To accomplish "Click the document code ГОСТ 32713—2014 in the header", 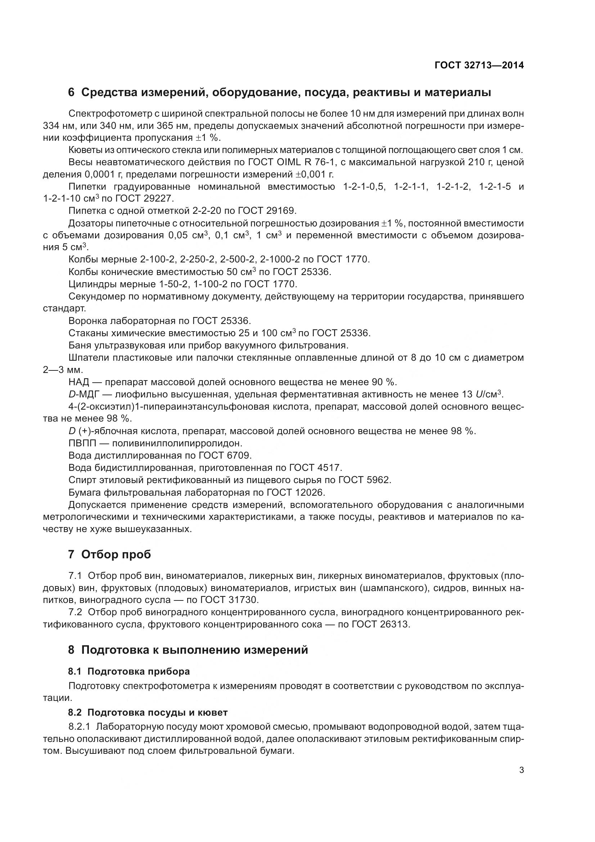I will pyautogui.click(x=479, y=65).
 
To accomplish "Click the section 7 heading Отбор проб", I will pyautogui.click(x=109, y=555).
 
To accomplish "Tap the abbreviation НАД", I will pyautogui.click(x=79, y=382).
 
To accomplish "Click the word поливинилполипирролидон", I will pyautogui.click(x=177, y=443).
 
